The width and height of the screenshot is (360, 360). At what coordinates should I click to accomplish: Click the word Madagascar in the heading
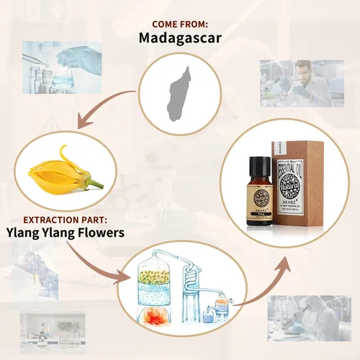coord(179,35)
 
